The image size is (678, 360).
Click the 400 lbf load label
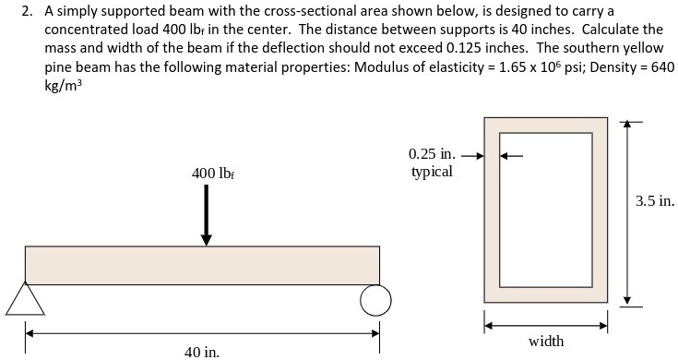tap(211, 174)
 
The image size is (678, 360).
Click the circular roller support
tap(376, 299)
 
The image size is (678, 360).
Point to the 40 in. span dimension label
tap(201, 351)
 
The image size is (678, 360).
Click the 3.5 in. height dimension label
tap(655, 198)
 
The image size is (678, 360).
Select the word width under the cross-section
tap(546, 342)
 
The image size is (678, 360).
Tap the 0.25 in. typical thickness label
tap(431, 162)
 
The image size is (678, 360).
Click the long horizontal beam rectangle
tap(202, 265)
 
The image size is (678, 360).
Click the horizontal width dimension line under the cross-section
tap(546, 324)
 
